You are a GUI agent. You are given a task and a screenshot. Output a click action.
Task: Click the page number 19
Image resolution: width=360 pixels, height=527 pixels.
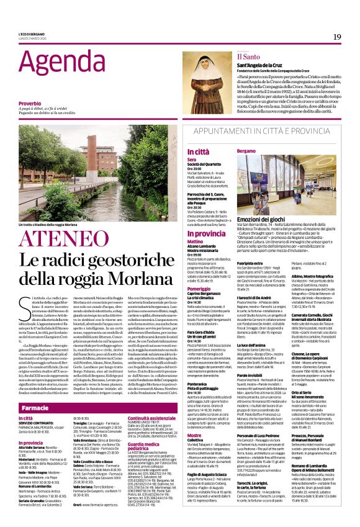[337, 37]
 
